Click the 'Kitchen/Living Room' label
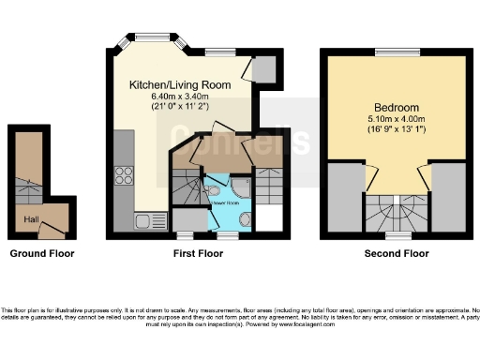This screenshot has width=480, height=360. pyautogui.click(x=180, y=83)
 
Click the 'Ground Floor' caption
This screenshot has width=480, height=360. pyautogui.click(x=41, y=253)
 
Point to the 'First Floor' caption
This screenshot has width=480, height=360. pyautogui.click(x=196, y=253)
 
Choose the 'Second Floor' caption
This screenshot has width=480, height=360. pyautogui.click(x=396, y=253)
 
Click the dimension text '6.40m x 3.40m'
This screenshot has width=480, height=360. pyautogui.click(x=180, y=96)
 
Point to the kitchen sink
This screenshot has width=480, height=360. pyautogui.click(x=145, y=221)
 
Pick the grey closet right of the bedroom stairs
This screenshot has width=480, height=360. pyautogui.click(x=449, y=197)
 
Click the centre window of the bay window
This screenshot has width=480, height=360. pyautogui.click(x=150, y=37)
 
